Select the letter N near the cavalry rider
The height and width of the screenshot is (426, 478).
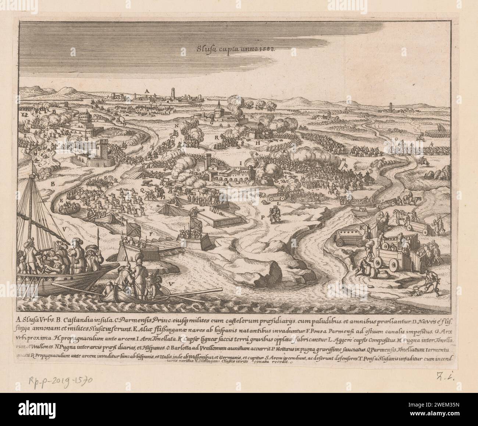(177, 125)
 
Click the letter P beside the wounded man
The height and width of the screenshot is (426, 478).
(263, 217)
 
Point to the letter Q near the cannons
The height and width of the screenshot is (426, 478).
(142, 190)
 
